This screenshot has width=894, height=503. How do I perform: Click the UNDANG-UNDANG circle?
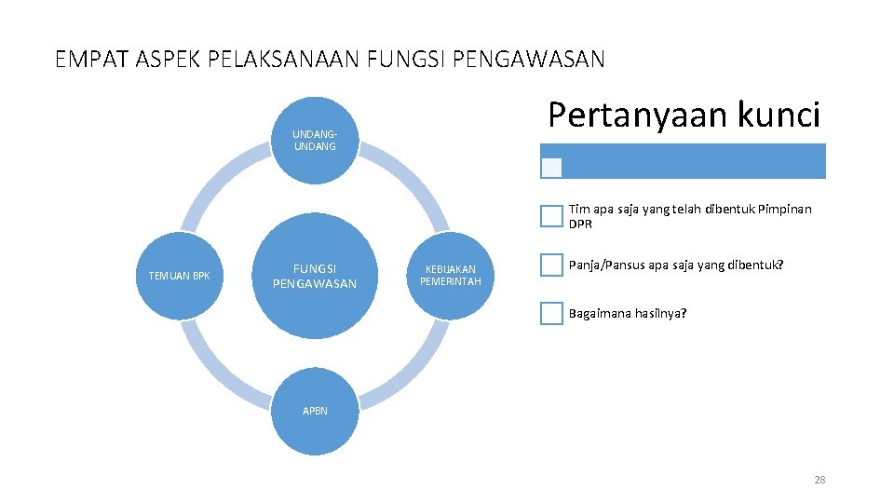[315, 140]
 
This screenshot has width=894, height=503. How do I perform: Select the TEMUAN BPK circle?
[180, 276]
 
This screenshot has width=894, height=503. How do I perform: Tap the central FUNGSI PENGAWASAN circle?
[315, 276]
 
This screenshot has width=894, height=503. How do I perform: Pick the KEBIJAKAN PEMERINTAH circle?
[451, 276]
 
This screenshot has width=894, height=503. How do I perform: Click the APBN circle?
[315, 412]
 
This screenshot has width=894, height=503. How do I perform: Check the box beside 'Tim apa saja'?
[551, 216]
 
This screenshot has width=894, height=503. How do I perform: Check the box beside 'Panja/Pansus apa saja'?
[551, 265]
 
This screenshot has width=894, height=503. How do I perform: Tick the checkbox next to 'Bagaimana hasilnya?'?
[551, 313]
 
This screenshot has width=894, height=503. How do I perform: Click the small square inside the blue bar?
[552, 168]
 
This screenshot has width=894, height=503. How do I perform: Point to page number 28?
[819, 480]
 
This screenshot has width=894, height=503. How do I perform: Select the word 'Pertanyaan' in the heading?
[628, 115]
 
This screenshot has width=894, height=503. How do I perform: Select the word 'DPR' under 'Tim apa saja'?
[580, 224]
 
